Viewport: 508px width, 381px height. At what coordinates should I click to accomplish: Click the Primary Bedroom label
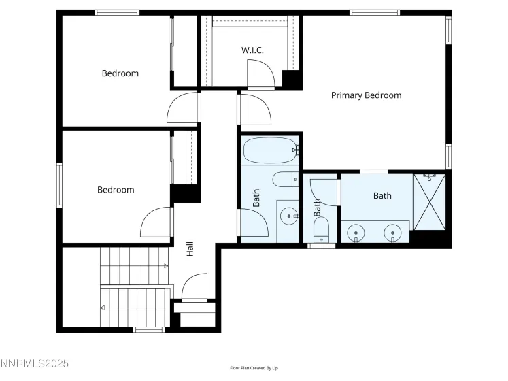click(x=366, y=95)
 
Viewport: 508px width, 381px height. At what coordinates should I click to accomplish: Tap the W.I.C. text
click(x=252, y=50)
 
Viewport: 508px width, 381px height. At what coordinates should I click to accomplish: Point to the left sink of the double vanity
click(x=358, y=233)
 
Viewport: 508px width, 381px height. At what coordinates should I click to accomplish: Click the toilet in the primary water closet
click(x=321, y=230)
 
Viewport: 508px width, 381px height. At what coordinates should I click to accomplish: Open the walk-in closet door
click(x=260, y=73)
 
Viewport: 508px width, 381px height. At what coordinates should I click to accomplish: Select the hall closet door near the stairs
click(x=194, y=286)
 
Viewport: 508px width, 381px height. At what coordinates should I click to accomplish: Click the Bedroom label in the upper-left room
click(x=120, y=73)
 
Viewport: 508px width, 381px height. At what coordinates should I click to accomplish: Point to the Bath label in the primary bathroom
click(x=382, y=196)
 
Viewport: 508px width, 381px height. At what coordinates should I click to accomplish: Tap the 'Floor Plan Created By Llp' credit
click(x=254, y=368)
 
